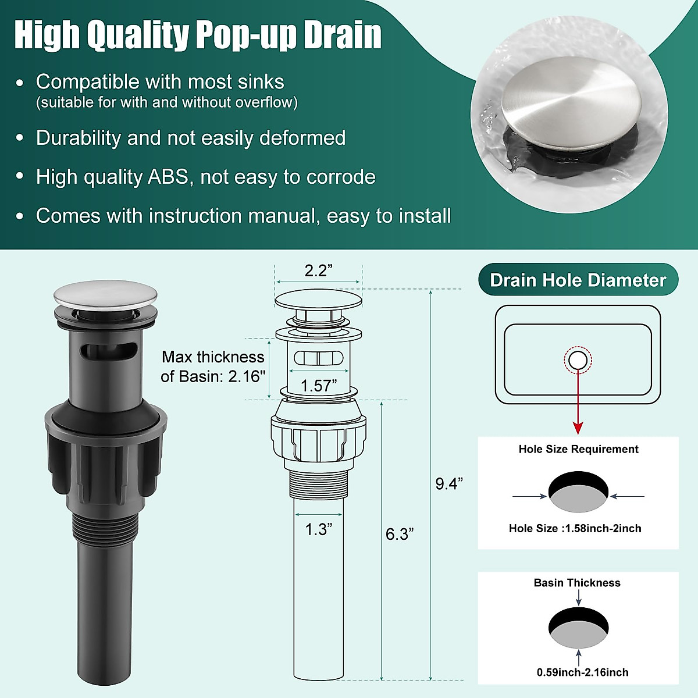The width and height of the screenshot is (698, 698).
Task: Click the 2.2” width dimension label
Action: (318, 270)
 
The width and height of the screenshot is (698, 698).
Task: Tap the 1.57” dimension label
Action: (318, 386)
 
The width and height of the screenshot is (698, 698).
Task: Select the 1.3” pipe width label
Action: (318, 529)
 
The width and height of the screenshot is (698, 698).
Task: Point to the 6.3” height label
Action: (399, 534)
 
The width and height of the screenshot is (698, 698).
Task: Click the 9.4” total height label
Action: (449, 483)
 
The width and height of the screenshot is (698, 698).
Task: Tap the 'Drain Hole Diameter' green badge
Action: (578, 280)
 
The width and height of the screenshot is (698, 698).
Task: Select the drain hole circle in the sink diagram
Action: (578, 361)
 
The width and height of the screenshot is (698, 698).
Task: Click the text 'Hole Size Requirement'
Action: (578, 449)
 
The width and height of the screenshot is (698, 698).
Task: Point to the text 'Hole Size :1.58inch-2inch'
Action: (575, 528)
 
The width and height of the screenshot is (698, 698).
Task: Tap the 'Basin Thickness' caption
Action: (577, 583)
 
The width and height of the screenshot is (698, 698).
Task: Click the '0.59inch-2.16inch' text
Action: (582, 672)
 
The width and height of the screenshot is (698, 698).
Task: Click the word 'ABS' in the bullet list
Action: (168, 177)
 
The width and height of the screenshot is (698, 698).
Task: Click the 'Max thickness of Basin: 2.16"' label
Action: (213, 366)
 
